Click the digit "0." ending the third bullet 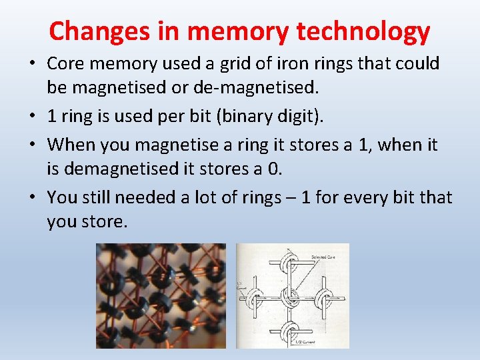coord(274,169)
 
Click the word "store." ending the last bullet coord(105,222)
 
